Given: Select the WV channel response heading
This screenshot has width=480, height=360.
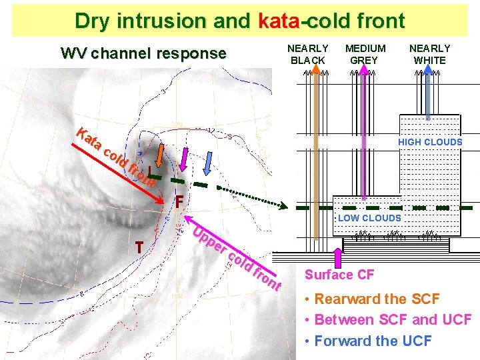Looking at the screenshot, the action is (143, 53).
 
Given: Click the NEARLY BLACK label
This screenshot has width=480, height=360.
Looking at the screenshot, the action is (307, 54).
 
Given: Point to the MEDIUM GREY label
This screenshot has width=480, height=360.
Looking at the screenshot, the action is (365, 54).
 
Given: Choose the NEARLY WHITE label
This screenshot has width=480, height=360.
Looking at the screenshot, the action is (429, 54).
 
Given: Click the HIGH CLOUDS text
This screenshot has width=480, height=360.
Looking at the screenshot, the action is (430, 142).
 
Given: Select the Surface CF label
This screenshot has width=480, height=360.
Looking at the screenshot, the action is (339, 275).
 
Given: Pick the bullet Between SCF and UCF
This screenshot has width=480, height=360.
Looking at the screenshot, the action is (393, 320).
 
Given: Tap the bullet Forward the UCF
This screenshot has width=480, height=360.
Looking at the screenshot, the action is (373, 341).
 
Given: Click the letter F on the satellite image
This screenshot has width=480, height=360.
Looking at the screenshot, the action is (179, 201).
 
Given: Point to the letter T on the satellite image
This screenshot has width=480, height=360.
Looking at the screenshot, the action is (139, 248).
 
